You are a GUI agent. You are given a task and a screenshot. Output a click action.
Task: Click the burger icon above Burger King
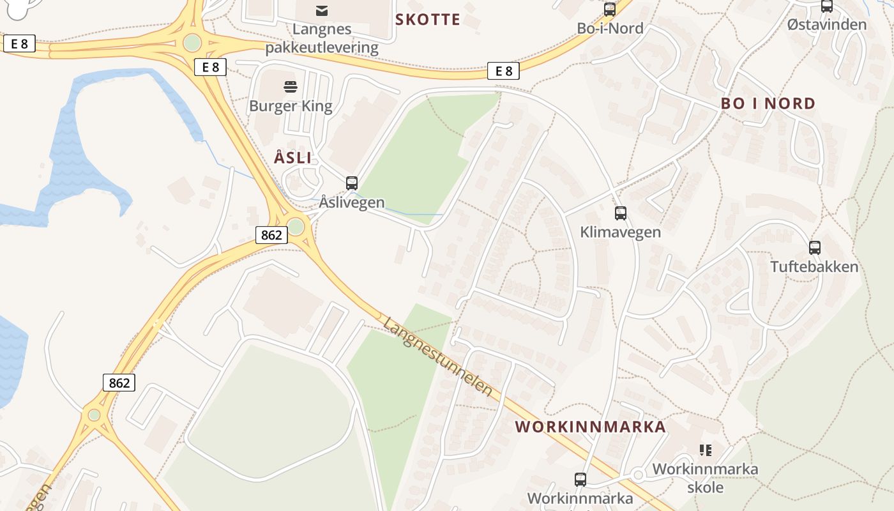pos(291,87)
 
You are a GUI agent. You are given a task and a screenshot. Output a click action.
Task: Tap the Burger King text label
pos(291,105)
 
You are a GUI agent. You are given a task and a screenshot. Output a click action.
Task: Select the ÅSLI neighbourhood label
pos(293,158)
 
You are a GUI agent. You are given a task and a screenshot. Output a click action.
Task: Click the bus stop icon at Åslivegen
pos(352,183)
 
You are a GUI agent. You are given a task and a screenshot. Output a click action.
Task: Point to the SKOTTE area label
pos(427,20)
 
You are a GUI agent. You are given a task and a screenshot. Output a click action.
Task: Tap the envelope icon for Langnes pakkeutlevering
pos(322,10)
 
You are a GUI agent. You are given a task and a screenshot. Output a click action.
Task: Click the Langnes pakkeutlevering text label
pos(322,38)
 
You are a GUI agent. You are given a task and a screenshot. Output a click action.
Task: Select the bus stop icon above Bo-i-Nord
pos(610,10)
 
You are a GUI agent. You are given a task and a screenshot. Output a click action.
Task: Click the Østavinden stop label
pos(827,25)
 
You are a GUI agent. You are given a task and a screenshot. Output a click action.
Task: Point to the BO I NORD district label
pos(768,103)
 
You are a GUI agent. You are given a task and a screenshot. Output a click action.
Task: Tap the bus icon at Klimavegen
pos(621,213)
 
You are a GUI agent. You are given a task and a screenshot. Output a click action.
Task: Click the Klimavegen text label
pos(621,232)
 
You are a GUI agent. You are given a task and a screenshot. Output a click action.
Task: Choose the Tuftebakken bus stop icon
pos(815,248)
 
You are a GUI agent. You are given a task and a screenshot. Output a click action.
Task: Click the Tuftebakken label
pos(814,266)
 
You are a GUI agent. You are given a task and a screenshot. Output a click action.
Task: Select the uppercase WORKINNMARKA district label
pos(591,427)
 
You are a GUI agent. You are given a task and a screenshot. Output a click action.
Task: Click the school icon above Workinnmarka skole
pos(706,450)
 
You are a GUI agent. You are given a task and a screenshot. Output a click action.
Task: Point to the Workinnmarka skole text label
pos(705,478)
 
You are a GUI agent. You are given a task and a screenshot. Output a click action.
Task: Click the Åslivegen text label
pos(352,202)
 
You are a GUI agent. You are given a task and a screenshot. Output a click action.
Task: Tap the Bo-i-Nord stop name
pos(610,28)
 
